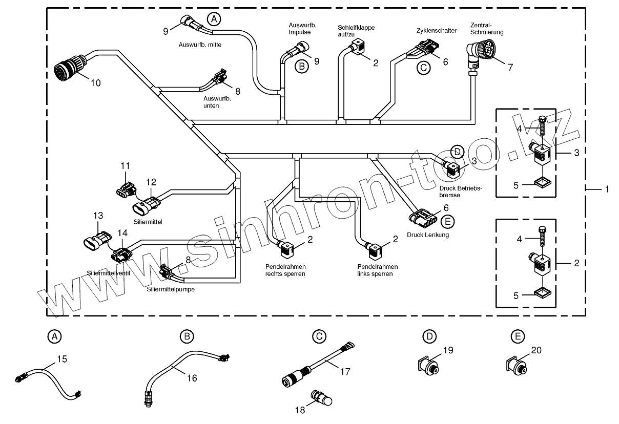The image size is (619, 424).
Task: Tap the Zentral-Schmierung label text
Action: [x=487, y=28]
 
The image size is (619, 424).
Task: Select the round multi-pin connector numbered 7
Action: [x=477, y=53]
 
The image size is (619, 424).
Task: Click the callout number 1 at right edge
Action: [x=607, y=189]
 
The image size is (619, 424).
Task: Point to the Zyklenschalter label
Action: [x=437, y=31]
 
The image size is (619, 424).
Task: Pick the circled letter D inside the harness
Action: [x=457, y=151]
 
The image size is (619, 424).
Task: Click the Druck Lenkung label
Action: [x=428, y=235]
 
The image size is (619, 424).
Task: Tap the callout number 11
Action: [x=126, y=166]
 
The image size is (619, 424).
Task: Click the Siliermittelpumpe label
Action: [x=170, y=289]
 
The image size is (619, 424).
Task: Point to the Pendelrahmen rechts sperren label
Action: [x=285, y=270]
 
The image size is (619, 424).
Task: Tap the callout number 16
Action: [x=192, y=378]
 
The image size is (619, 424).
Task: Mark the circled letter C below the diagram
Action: [x=319, y=336]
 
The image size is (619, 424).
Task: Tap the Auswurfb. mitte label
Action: [x=200, y=45]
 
